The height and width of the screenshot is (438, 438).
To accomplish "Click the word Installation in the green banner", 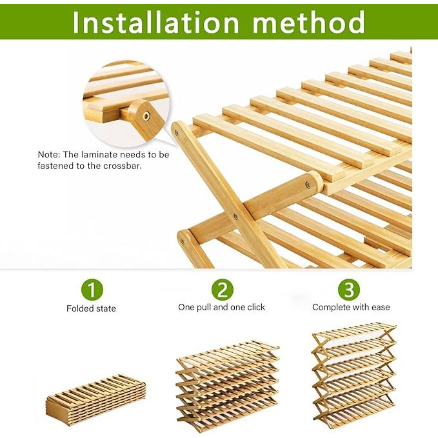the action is coord(155,23).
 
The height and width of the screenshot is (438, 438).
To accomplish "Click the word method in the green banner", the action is coord(309,23).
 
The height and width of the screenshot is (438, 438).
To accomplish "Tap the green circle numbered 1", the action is coord(92,290).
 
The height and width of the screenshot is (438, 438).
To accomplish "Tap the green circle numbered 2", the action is coord(223,290).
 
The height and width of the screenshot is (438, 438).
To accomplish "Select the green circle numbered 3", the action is coord(349,290).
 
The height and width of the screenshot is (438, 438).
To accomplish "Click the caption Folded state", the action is coord(91,308).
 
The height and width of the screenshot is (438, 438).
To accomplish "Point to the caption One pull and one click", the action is coord(221,307).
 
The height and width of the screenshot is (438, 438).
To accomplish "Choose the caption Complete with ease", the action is coord(351,307).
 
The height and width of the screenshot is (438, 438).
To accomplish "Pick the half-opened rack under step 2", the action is coord(227,386).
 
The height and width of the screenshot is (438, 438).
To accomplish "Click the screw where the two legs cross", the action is coord(235,216).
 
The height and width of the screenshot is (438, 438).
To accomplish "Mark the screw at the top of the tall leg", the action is coord(176,132).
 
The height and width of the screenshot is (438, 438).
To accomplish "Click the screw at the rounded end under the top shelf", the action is coord(307,184).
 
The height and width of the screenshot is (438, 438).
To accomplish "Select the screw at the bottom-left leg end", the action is coord(183,240).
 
